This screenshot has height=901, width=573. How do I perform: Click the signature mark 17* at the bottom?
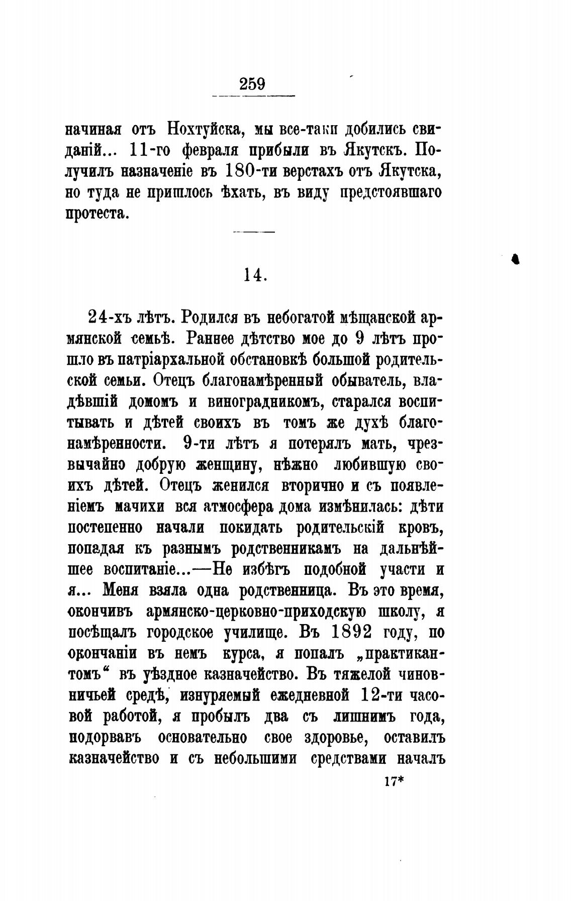394,781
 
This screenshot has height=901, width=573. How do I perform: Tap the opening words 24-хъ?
110,317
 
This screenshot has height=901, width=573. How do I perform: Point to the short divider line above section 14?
255,232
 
